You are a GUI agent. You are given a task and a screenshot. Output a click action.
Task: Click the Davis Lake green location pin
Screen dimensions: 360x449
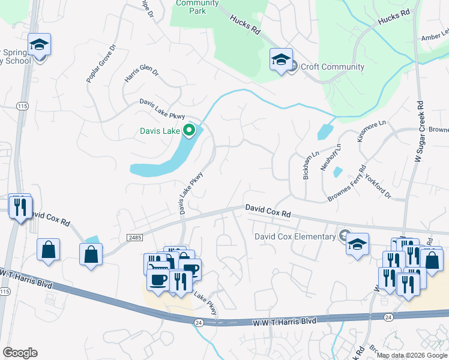[190, 130]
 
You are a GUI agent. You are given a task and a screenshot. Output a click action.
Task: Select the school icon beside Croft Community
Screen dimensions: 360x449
[281, 59]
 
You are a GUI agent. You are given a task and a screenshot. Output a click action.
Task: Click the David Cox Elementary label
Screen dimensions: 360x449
[295, 236]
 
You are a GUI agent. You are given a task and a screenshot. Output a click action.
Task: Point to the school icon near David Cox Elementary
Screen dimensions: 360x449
[357, 244]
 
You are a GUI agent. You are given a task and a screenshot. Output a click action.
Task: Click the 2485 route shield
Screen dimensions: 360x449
[135, 238]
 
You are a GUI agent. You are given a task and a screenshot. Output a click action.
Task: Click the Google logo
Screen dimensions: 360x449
[20, 353]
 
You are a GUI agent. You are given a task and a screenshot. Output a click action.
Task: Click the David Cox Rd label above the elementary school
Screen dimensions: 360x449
[268, 211]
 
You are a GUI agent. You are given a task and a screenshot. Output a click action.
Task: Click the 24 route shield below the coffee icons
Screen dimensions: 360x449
[198, 322]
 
